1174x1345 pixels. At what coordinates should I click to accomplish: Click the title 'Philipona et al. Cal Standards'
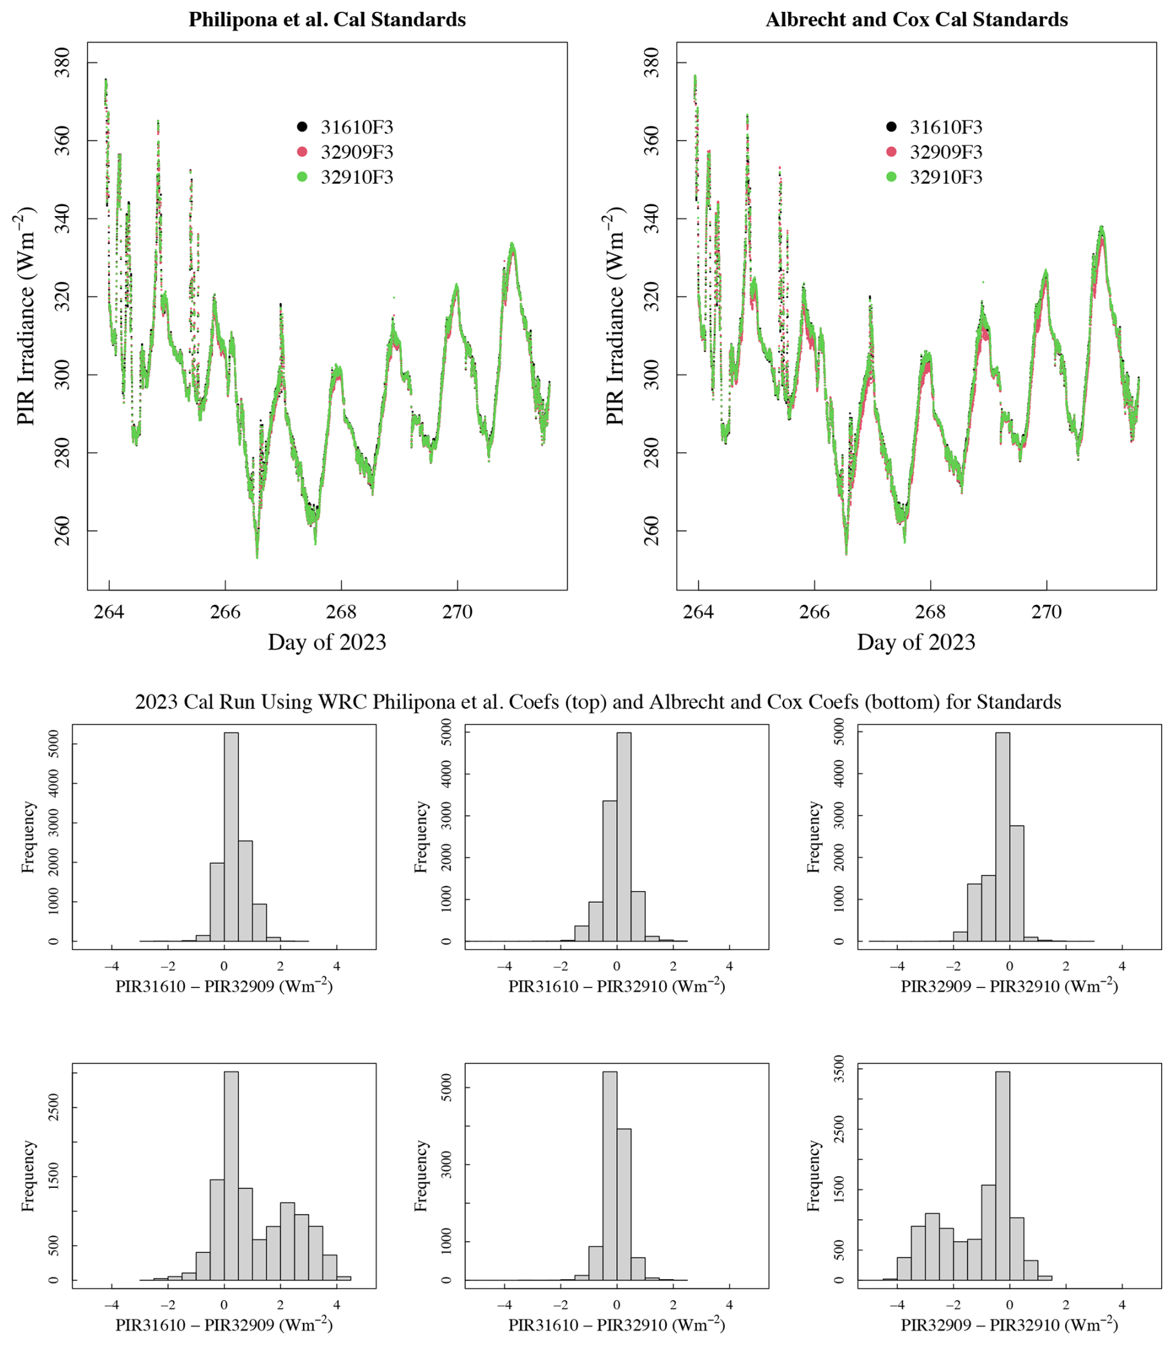click(x=327, y=20)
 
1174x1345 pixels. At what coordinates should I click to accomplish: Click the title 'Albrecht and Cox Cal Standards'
click(x=916, y=20)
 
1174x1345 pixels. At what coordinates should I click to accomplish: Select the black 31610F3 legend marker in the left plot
click(x=302, y=127)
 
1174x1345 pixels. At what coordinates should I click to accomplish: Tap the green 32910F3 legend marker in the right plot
click(x=891, y=177)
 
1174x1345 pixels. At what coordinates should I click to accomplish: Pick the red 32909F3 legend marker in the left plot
click(x=302, y=152)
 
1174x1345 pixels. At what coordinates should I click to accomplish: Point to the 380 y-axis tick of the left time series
click(x=62, y=63)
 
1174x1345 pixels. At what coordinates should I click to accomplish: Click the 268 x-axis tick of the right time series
click(x=930, y=612)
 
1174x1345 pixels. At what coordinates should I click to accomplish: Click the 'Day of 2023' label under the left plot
click(x=327, y=641)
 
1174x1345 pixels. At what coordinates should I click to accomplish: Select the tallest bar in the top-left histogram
click(x=231, y=836)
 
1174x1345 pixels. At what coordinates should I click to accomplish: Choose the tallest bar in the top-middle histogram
click(x=624, y=836)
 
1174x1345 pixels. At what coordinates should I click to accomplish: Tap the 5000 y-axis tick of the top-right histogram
click(x=839, y=733)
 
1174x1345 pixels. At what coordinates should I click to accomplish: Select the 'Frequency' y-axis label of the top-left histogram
click(x=27, y=837)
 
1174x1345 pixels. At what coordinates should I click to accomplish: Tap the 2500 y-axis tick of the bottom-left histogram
click(x=54, y=1107)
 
